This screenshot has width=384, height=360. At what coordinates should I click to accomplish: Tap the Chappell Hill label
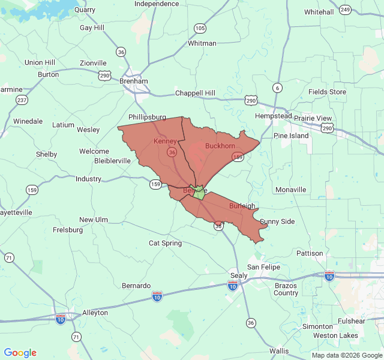(x=194, y=93)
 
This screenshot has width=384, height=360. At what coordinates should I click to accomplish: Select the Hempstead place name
(x=273, y=116)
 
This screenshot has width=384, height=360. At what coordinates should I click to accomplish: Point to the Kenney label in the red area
(x=165, y=142)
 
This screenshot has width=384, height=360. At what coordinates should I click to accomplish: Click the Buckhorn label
(x=220, y=146)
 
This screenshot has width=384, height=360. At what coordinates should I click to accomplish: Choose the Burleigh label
(x=242, y=206)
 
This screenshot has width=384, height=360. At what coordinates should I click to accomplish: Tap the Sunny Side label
(x=277, y=221)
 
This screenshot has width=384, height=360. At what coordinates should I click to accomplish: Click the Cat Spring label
(x=165, y=243)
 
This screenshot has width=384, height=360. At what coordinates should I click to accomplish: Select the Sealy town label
(x=238, y=276)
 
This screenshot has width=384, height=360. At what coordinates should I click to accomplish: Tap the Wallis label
(x=278, y=350)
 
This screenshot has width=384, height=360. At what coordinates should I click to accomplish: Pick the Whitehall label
(x=319, y=12)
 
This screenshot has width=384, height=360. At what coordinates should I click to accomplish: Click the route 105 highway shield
(x=200, y=28)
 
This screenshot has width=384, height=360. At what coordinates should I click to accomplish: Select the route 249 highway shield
(x=345, y=10)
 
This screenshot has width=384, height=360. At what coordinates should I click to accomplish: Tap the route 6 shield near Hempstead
(x=277, y=88)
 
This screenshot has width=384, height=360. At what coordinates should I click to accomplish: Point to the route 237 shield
(x=22, y=100)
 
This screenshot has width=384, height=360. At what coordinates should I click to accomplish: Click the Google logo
(x=20, y=353)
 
